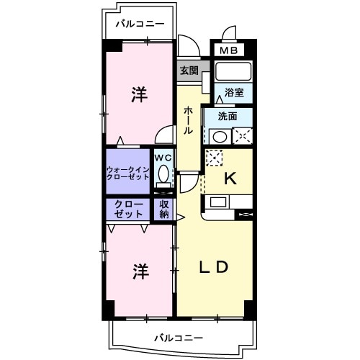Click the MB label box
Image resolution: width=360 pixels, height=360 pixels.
228,50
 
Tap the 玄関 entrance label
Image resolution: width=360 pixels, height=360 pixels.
189,71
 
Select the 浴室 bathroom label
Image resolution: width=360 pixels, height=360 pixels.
233,92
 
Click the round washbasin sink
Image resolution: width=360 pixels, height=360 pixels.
220,134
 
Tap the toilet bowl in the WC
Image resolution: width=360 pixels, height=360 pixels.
163,174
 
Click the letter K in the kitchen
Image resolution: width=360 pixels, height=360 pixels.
230,179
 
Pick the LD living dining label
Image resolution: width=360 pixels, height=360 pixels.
214,266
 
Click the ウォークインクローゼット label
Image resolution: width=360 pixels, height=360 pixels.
127,173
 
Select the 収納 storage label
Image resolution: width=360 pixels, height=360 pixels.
164,209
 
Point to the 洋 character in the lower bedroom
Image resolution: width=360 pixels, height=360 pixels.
140,271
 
